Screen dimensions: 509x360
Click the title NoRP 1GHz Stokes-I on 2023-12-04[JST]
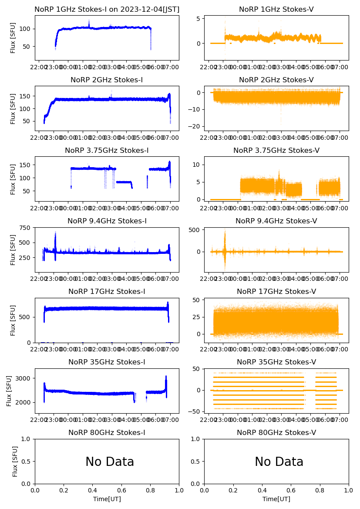[x=107, y=10]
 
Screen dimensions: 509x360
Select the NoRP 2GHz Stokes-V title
[x=276, y=80]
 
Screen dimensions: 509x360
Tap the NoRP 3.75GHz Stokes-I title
[x=107, y=151]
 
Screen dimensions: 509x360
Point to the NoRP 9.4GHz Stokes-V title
[x=276, y=221]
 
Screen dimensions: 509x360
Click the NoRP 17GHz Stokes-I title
[x=107, y=292]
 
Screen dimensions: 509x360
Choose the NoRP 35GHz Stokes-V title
[x=276, y=362]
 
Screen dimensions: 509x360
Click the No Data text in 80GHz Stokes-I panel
[x=110, y=462]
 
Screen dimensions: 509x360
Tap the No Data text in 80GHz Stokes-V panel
[x=279, y=462]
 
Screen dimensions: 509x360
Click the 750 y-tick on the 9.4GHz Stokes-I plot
[x=25, y=228]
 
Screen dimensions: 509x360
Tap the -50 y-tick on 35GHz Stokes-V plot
[x=194, y=411]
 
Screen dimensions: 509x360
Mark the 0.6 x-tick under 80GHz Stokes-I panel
[x=121, y=490]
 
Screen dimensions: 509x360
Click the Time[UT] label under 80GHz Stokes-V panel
[x=276, y=499]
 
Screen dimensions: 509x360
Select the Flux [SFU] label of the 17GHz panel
[x=13, y=320]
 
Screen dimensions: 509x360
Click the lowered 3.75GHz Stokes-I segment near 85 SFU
[x=124, y=182]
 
